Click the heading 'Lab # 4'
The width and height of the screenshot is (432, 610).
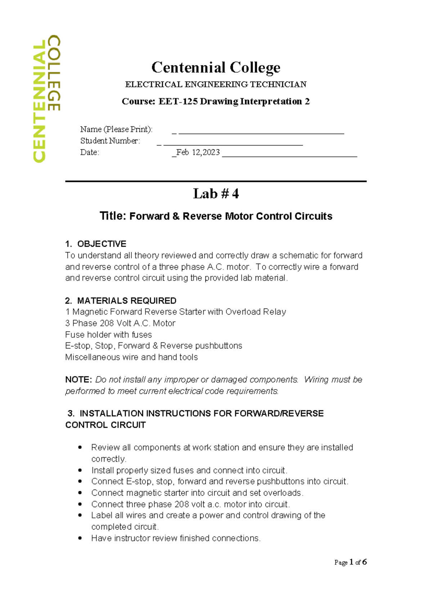216,194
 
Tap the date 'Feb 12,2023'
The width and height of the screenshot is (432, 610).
198,152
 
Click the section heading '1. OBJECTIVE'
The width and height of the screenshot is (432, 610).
96,244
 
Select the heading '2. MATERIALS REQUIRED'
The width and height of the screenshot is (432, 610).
121,301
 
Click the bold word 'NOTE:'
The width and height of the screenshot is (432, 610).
79,380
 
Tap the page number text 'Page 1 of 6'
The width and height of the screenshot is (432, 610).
350,562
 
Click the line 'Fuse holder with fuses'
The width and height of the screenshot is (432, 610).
108,335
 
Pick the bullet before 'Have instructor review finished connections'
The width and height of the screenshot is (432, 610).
80,538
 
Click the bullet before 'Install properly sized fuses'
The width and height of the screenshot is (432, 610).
80,470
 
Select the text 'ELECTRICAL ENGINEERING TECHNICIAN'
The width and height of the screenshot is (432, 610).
216,85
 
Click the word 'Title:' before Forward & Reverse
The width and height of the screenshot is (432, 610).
113,216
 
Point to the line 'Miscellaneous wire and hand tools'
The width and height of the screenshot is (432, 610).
131,358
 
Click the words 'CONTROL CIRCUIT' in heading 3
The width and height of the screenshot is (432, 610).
105,425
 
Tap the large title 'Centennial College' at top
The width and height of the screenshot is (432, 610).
216,67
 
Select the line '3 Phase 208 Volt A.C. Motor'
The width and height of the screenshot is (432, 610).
120,323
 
